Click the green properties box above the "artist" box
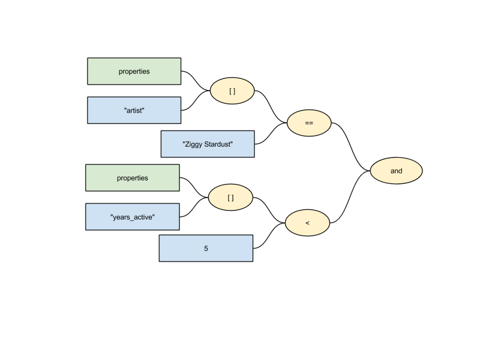click(x=134, y=71)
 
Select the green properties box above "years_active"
click(x=132, y=178)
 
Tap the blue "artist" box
click(x=134, y=110)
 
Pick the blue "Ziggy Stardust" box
click(x=208, y=144)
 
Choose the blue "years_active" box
click(x=132, y=217)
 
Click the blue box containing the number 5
click(x=206, y=248)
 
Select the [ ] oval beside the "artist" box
click(x=232, y=91)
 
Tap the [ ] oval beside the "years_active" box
click(x=230, y=197)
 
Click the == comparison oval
click(x=309, y=123)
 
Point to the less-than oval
click(x=307, y=223)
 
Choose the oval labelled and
click(x=396, y=171)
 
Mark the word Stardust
click(x=217, y=144)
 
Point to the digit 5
click(x=206, y=248)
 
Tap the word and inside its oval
click(x=396, y=171)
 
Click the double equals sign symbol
click(x=309, y=123)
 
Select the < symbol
click(x=307, y=223)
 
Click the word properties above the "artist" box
click(x=134, y=72)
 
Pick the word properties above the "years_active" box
click(x=132, y=178)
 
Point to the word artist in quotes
click(x=134, y=111)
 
